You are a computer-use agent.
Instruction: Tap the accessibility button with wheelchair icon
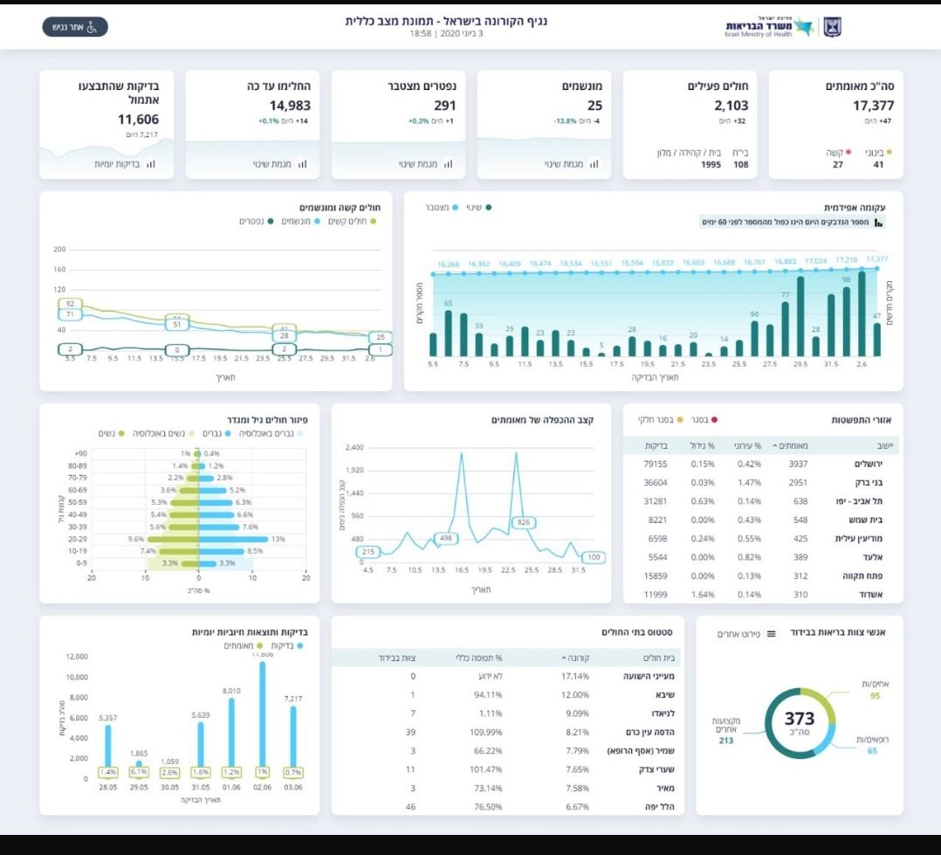click(75, 27)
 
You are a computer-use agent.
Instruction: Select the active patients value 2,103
click(726, 106)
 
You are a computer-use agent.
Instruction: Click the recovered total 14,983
click(290, 106)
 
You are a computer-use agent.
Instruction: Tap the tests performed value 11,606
click(139, 120)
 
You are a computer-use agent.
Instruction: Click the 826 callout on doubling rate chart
click(525, 522)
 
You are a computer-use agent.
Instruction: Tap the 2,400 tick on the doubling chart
click(354, 447)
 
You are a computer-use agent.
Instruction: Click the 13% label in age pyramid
click(278, 539)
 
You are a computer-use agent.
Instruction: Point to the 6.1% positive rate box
click(139, 772)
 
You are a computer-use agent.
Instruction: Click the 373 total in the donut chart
click(800, 719)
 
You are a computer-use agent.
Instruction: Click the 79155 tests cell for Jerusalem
click(656, 464)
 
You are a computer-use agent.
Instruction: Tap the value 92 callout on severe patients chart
click(70, 304)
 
